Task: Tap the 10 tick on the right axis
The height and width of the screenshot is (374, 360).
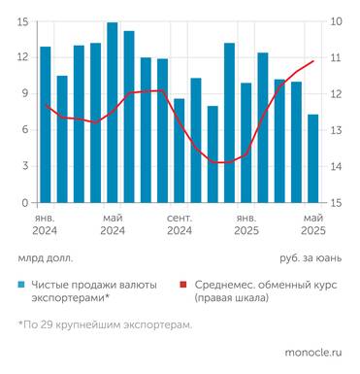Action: pos(335,22)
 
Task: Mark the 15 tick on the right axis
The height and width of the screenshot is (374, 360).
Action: pos(335,203)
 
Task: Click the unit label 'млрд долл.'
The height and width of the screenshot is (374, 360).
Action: pos(45,259)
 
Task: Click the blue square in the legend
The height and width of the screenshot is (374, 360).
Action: pos(21,285)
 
